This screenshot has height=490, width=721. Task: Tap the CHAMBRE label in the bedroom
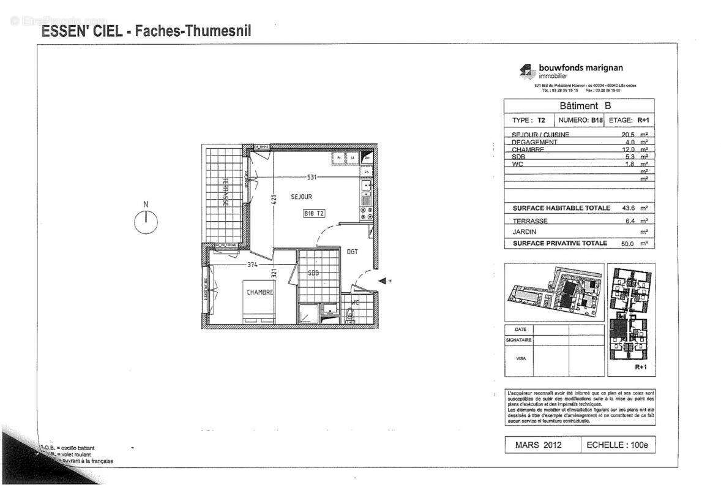(x=260, y=293)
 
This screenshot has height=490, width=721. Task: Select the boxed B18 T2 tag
(x=314, y=214)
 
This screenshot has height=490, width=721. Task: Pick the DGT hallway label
(x=353, y=252)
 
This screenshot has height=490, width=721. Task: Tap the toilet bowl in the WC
(x=349, y=314)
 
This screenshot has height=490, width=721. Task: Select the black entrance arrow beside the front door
(x=382, y=281)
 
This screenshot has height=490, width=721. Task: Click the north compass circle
(x=146, y=222)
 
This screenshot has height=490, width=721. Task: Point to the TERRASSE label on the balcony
(x=225, y=191)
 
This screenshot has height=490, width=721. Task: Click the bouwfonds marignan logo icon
(x=526, y=72)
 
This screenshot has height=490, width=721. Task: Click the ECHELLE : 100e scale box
(x=616, y=445)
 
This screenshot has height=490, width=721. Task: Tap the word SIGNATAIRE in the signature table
(x=518, y=340)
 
